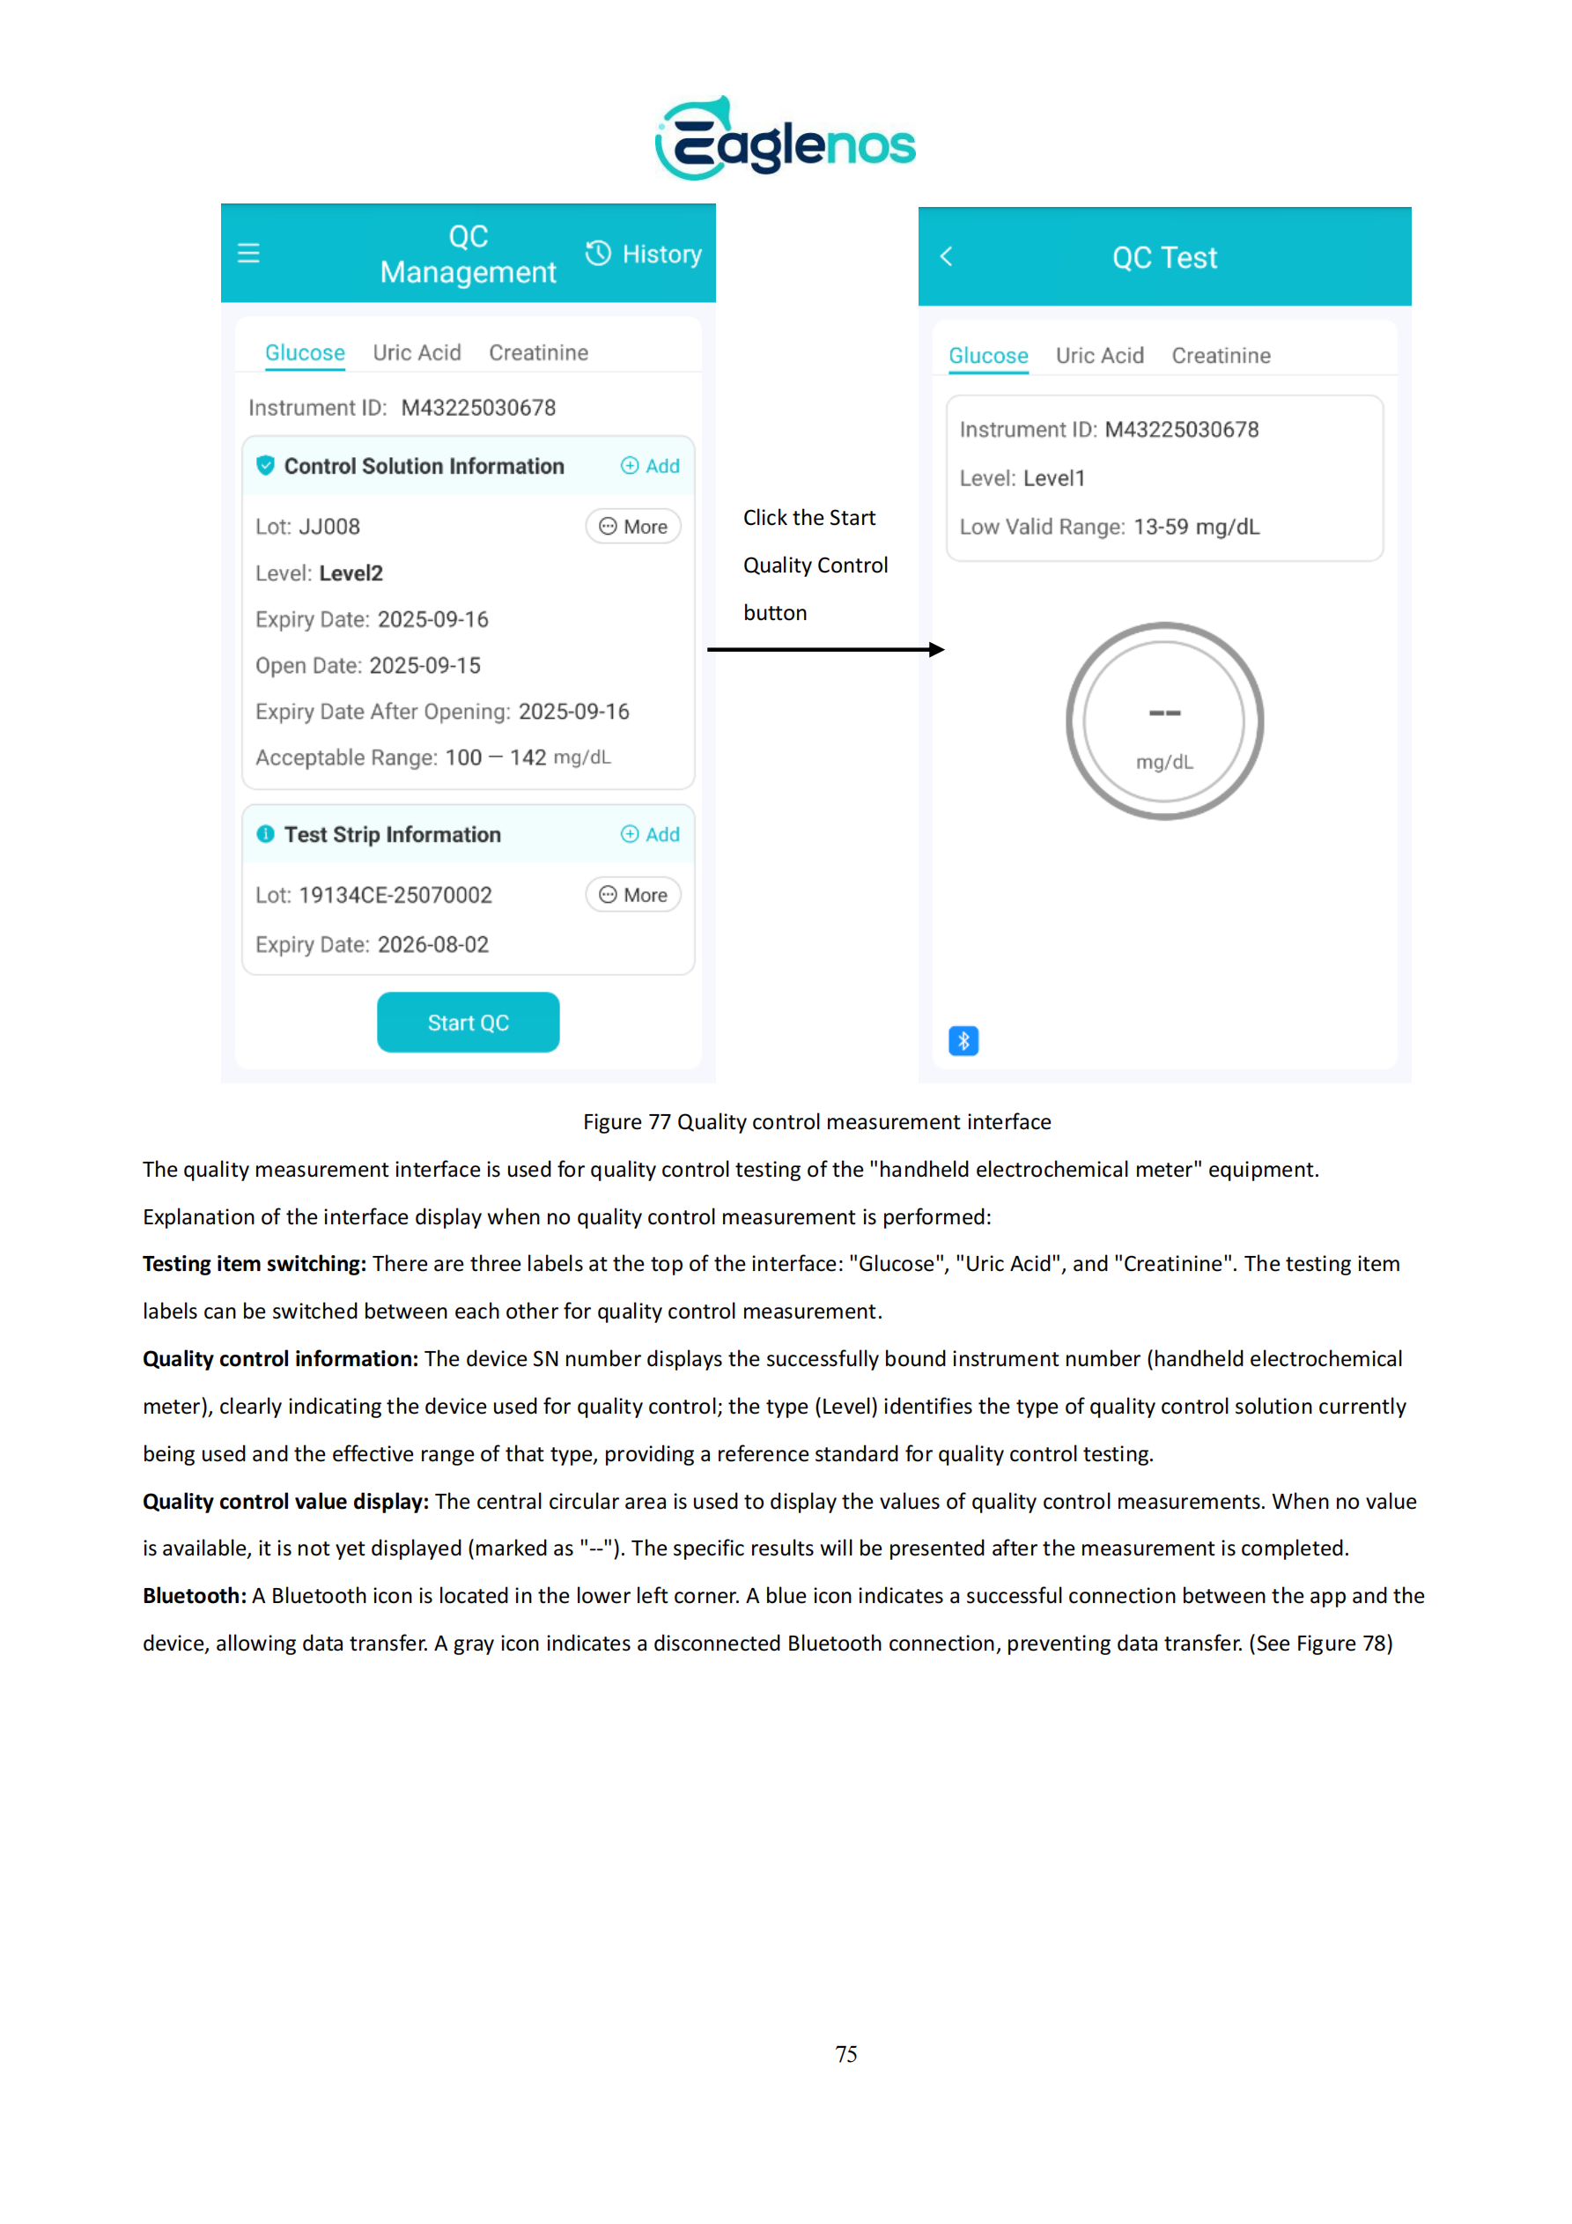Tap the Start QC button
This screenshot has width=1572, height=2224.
(468, 1022)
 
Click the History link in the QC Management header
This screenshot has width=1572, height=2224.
(644, 254)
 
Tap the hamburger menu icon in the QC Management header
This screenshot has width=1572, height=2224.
(249, 254)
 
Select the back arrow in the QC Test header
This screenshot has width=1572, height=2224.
(947, 256)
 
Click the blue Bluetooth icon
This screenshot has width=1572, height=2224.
(963, 1040)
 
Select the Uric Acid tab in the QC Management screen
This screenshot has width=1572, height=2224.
(417, 352)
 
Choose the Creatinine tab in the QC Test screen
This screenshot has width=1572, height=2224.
(1221, 356)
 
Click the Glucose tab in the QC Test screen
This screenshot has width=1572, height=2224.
(988, 356)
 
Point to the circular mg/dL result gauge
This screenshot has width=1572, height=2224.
(1164, 721)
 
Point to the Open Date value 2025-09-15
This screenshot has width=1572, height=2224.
(424, 666)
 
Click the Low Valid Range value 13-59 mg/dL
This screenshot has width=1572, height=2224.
(1196, 527)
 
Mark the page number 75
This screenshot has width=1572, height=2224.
(845, 2053)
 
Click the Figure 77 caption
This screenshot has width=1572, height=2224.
(816, 1121)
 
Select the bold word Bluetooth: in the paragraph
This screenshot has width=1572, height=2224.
(195, 1595)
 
